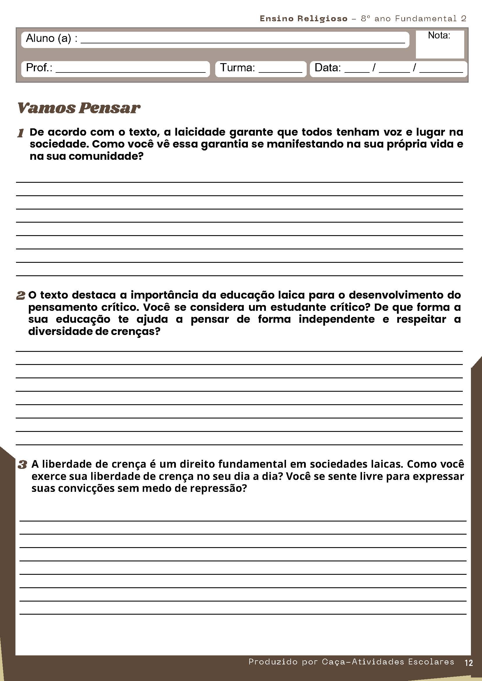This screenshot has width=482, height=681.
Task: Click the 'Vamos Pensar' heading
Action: click(79, 108)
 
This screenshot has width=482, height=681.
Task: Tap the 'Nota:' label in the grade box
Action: click(439, 36)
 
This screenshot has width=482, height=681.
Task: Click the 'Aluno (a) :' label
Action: click(51, 38)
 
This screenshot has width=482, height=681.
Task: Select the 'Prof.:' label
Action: click(39, 68)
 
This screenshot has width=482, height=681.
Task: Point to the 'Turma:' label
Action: click(237, 68)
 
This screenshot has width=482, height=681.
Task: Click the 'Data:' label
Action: click(327, 68)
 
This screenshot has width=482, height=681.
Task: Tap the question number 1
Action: click(20, 133)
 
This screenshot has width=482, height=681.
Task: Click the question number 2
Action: click(20, 295)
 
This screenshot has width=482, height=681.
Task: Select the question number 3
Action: click(22, 464)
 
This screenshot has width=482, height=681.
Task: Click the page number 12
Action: click(469, 663)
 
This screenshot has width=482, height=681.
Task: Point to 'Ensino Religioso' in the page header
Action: click(303, 19)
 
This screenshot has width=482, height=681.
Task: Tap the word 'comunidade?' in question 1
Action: click(106, 156)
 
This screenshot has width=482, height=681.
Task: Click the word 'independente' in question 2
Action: click(337, 319)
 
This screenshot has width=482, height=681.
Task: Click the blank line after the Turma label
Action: click(280, 71)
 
